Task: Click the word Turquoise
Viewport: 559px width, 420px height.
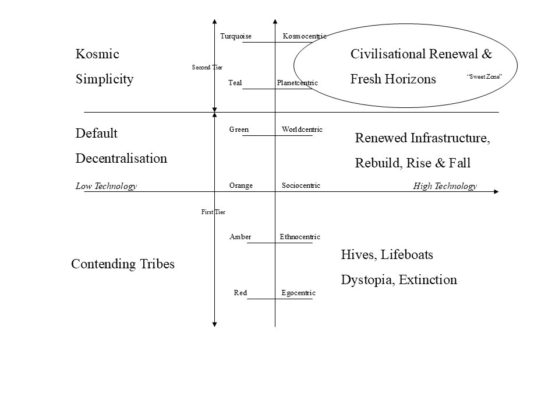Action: click(x=236, y=37)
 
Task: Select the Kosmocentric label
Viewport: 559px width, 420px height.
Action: click(x=305, y=37)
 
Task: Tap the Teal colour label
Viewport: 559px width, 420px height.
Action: click(x=235, y=83)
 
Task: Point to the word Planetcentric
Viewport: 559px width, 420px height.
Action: click(x=297, y=83)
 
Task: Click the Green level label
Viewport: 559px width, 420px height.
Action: click(x=239, y=129)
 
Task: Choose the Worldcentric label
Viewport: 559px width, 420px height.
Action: click(x=302, y=129)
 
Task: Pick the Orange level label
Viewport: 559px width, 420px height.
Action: click(x=241, y=185)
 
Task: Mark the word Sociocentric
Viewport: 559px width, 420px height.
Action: click(x=300, y=185)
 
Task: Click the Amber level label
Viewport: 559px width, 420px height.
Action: click(x=240, y=237)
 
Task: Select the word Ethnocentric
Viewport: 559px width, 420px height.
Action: click(x=299, y=237)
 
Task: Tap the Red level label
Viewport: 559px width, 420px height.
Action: click(x=240, y=293)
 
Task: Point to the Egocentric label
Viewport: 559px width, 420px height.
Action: click(x=298, y=293)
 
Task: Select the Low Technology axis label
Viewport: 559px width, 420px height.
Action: click(x=106, y=186)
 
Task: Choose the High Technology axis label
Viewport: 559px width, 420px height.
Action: click(x=445, y=186)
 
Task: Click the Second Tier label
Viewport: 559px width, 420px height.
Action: click(x=207, y=68)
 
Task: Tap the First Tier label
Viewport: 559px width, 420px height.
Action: click(x=213, y=212)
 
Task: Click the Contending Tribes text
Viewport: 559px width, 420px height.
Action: click(x=122, y=264)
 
